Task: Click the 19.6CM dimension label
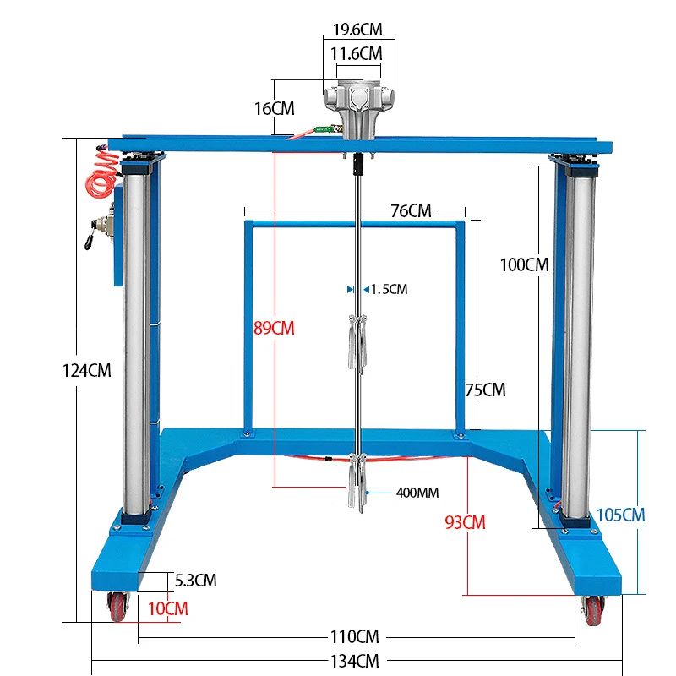pyautogui.click(x=357, y=30)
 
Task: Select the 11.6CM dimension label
pyautogui.click(x=356, y=54)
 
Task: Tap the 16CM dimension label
pyautogui.click(x=274, y=109)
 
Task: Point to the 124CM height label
pyautogui.click(x=87, y=370)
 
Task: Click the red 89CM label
pyautogui.click(x=274, y=328)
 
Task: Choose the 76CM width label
pyautogui.click(x=411, y=210)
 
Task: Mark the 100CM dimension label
pyautogui.click(x=524, y=264)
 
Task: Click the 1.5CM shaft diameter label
pyautogui.click(x=389, y=289)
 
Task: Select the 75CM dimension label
pyautogui.click(x=485, y=390)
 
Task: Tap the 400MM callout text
pyautogui.click(x=417, y=493)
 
